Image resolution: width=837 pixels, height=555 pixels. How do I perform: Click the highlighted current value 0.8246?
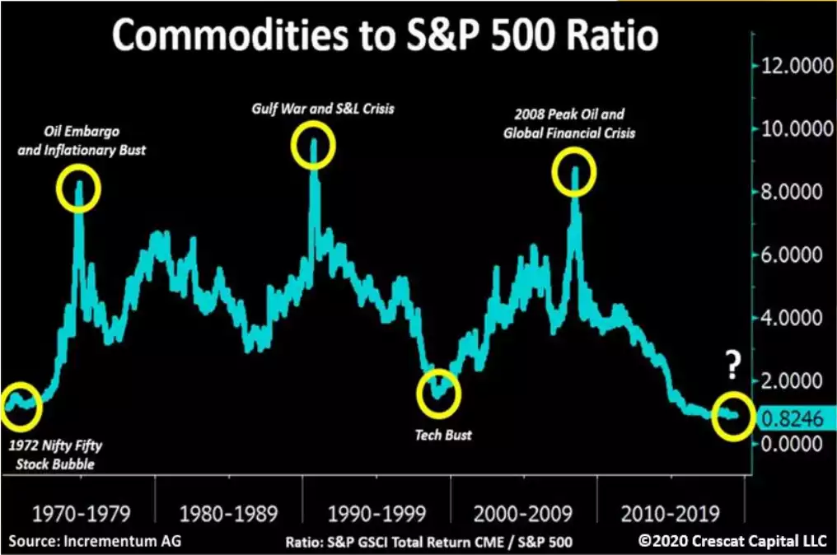click(793, 418)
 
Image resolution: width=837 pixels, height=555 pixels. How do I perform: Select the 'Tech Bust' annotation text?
click(445, 434)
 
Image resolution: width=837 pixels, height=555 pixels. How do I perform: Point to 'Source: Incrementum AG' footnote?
click(95, 541)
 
